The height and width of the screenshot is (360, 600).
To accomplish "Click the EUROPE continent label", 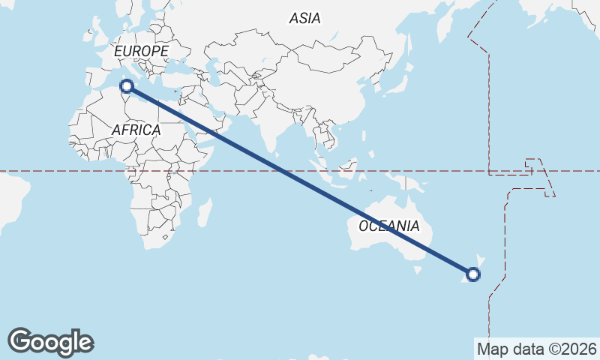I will tap(141, 50).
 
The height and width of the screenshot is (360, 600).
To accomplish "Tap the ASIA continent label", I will tap(305, 18).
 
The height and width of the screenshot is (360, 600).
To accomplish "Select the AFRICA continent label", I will tap(136, 130).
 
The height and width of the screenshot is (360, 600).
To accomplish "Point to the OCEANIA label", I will tap(389, 226).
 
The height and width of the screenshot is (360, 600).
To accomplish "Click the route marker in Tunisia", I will tap(127, 86).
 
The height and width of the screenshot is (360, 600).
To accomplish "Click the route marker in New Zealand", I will tap(473, 274).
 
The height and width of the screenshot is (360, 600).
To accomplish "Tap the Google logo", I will tap(50, 342).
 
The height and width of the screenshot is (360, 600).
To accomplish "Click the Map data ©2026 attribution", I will tap(537, 349).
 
